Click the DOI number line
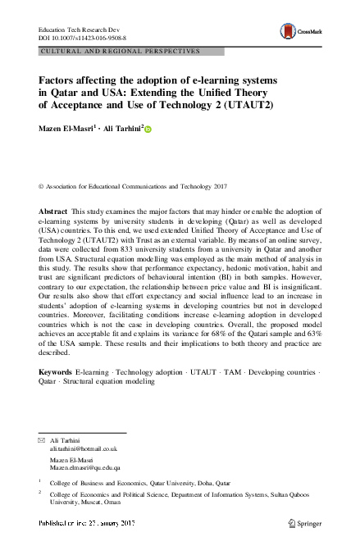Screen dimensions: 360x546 pos(75,38)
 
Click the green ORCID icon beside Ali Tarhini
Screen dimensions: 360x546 pos(149,128)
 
